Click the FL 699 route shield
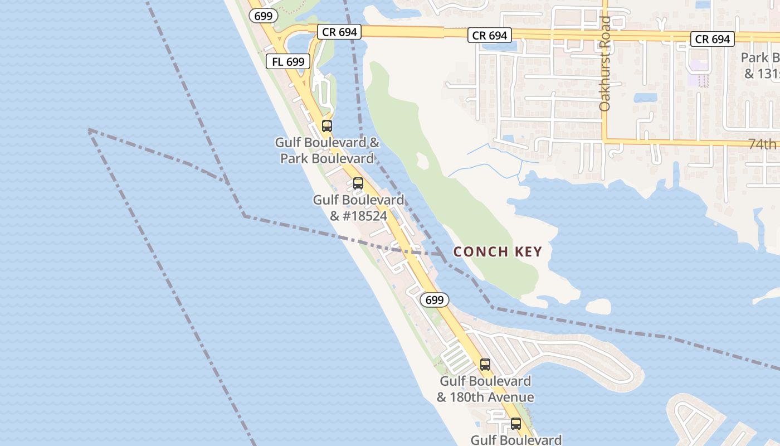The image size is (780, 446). click(x=288, y=61)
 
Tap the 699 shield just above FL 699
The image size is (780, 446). click(x=263, y=16)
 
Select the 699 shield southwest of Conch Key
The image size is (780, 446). click(x=434, y=300)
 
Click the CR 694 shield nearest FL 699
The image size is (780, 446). click(x=339, y=32)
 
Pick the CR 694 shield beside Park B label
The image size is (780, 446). click(x=713, y=39)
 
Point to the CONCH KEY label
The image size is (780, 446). click(x=498, y=251)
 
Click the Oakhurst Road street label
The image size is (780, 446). click(x=605, y=63)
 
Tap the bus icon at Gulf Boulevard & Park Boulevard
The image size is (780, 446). click(x=327, y=125)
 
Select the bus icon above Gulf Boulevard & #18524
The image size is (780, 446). click(x=358, y=183)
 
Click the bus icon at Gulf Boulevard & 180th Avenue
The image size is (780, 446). click(x=485, y=365)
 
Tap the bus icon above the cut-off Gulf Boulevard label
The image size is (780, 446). click(x=516, y=423)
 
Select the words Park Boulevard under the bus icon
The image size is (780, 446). click(x=327, y=158)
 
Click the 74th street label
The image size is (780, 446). click(x=762, y=144)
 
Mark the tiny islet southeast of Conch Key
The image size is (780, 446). click(x=598, y=306)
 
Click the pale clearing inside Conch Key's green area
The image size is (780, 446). click(x=422, y=161)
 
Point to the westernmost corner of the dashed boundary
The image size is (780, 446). click(x=89, y=130)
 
